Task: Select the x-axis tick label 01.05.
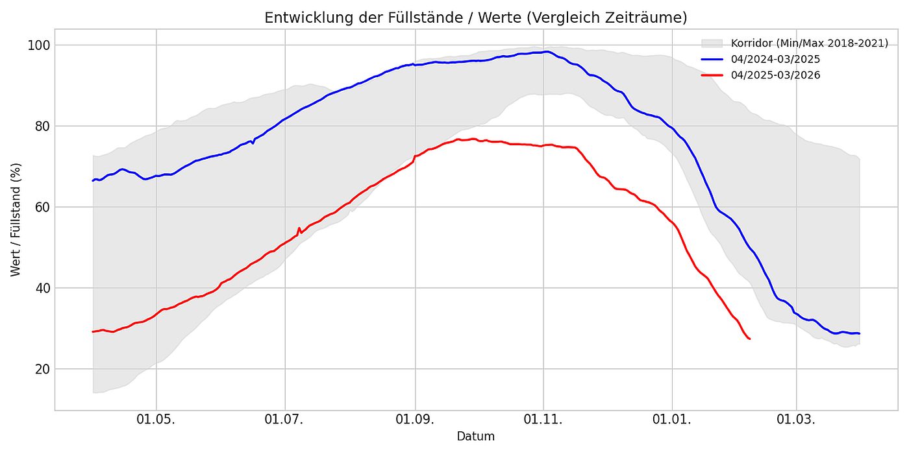pos(156,419)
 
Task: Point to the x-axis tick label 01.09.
pos(415,419)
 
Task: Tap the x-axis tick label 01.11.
pos(544,419)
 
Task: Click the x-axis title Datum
pos(475,436)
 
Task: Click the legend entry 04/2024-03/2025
pos(775,60)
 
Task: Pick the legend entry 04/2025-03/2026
pos(775,75)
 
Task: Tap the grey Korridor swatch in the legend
pos(712,43)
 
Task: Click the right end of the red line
pos(750,339)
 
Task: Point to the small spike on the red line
pos(299,228)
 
